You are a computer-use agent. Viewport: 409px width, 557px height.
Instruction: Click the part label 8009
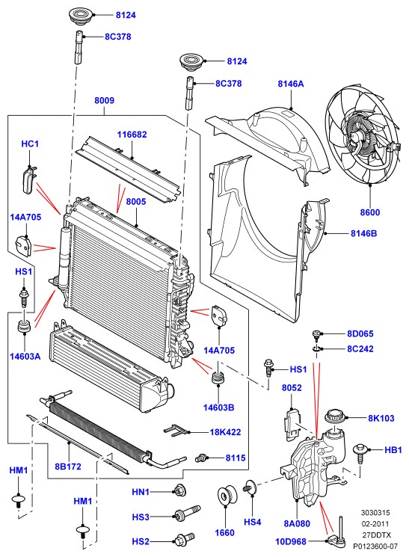(104, 100)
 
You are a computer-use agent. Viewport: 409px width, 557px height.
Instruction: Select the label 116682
(132, 135)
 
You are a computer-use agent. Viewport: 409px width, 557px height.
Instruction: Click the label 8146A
(291, 84)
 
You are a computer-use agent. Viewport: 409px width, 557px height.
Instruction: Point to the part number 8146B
(364, 233)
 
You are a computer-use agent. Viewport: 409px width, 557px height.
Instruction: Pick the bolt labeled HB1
(360, 453)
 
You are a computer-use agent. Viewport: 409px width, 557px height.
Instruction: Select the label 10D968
(291, 542)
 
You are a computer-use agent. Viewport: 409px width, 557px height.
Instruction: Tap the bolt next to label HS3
(187, 513)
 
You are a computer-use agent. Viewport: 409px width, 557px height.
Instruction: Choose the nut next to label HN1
(178, 490)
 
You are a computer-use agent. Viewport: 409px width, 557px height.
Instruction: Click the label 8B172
(68, 467)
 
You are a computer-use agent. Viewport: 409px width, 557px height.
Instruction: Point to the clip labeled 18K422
(176, 430)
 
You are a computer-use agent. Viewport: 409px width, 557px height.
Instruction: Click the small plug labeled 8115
(201, 458)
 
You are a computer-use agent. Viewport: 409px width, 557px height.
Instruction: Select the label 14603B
(218, 407)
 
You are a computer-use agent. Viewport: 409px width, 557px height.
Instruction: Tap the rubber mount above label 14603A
(24, 327)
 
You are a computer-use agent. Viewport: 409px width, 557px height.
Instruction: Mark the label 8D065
(360, 333)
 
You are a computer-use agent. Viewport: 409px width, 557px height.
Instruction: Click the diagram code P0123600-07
(375, 546)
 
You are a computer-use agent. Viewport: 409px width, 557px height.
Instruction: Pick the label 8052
(292, 387)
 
